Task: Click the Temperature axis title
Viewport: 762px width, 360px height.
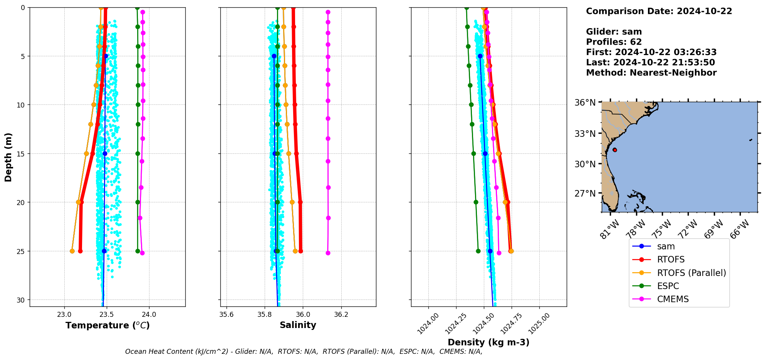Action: pos(107,325)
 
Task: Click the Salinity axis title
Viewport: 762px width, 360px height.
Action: pos(298,325)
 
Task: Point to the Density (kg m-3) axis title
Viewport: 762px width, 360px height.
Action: pos(488,342)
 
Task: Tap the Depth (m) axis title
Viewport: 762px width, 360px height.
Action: pos(8,157)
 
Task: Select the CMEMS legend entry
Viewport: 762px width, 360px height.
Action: pos(673,299)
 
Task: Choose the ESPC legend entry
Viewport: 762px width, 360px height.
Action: pos(668,286)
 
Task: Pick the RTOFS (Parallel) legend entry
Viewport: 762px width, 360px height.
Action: pos(691,273)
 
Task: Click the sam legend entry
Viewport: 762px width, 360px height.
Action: pos(666,247)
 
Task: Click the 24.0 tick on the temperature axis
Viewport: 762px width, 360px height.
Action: pos(149,315)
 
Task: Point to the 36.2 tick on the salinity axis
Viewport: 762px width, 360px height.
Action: pos(341,315)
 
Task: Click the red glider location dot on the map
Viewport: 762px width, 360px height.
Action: pos(614,150)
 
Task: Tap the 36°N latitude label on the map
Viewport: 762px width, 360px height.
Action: pos(585,103)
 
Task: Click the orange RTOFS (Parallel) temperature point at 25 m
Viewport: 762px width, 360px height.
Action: pos(72,251)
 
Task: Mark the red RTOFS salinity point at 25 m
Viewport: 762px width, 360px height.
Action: pos(300,251)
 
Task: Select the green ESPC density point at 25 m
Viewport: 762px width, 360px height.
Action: pos(478,251)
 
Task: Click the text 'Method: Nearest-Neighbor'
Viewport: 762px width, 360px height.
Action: pos(651,73)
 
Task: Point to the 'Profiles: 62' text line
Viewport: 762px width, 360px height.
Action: pos(614,42)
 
